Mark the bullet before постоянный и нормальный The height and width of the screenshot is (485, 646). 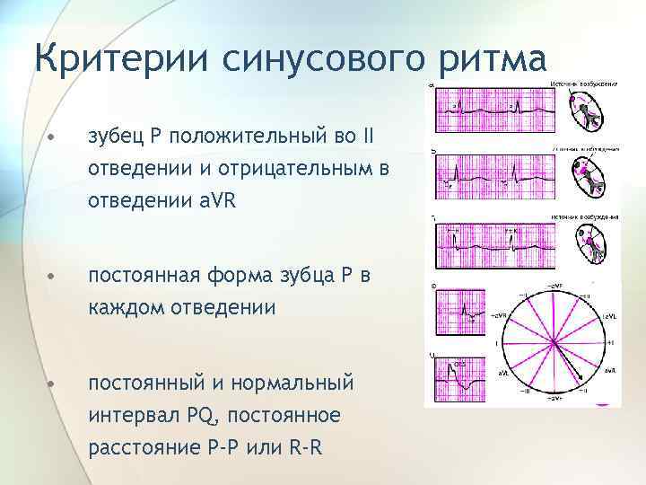[x=53, y=384]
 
